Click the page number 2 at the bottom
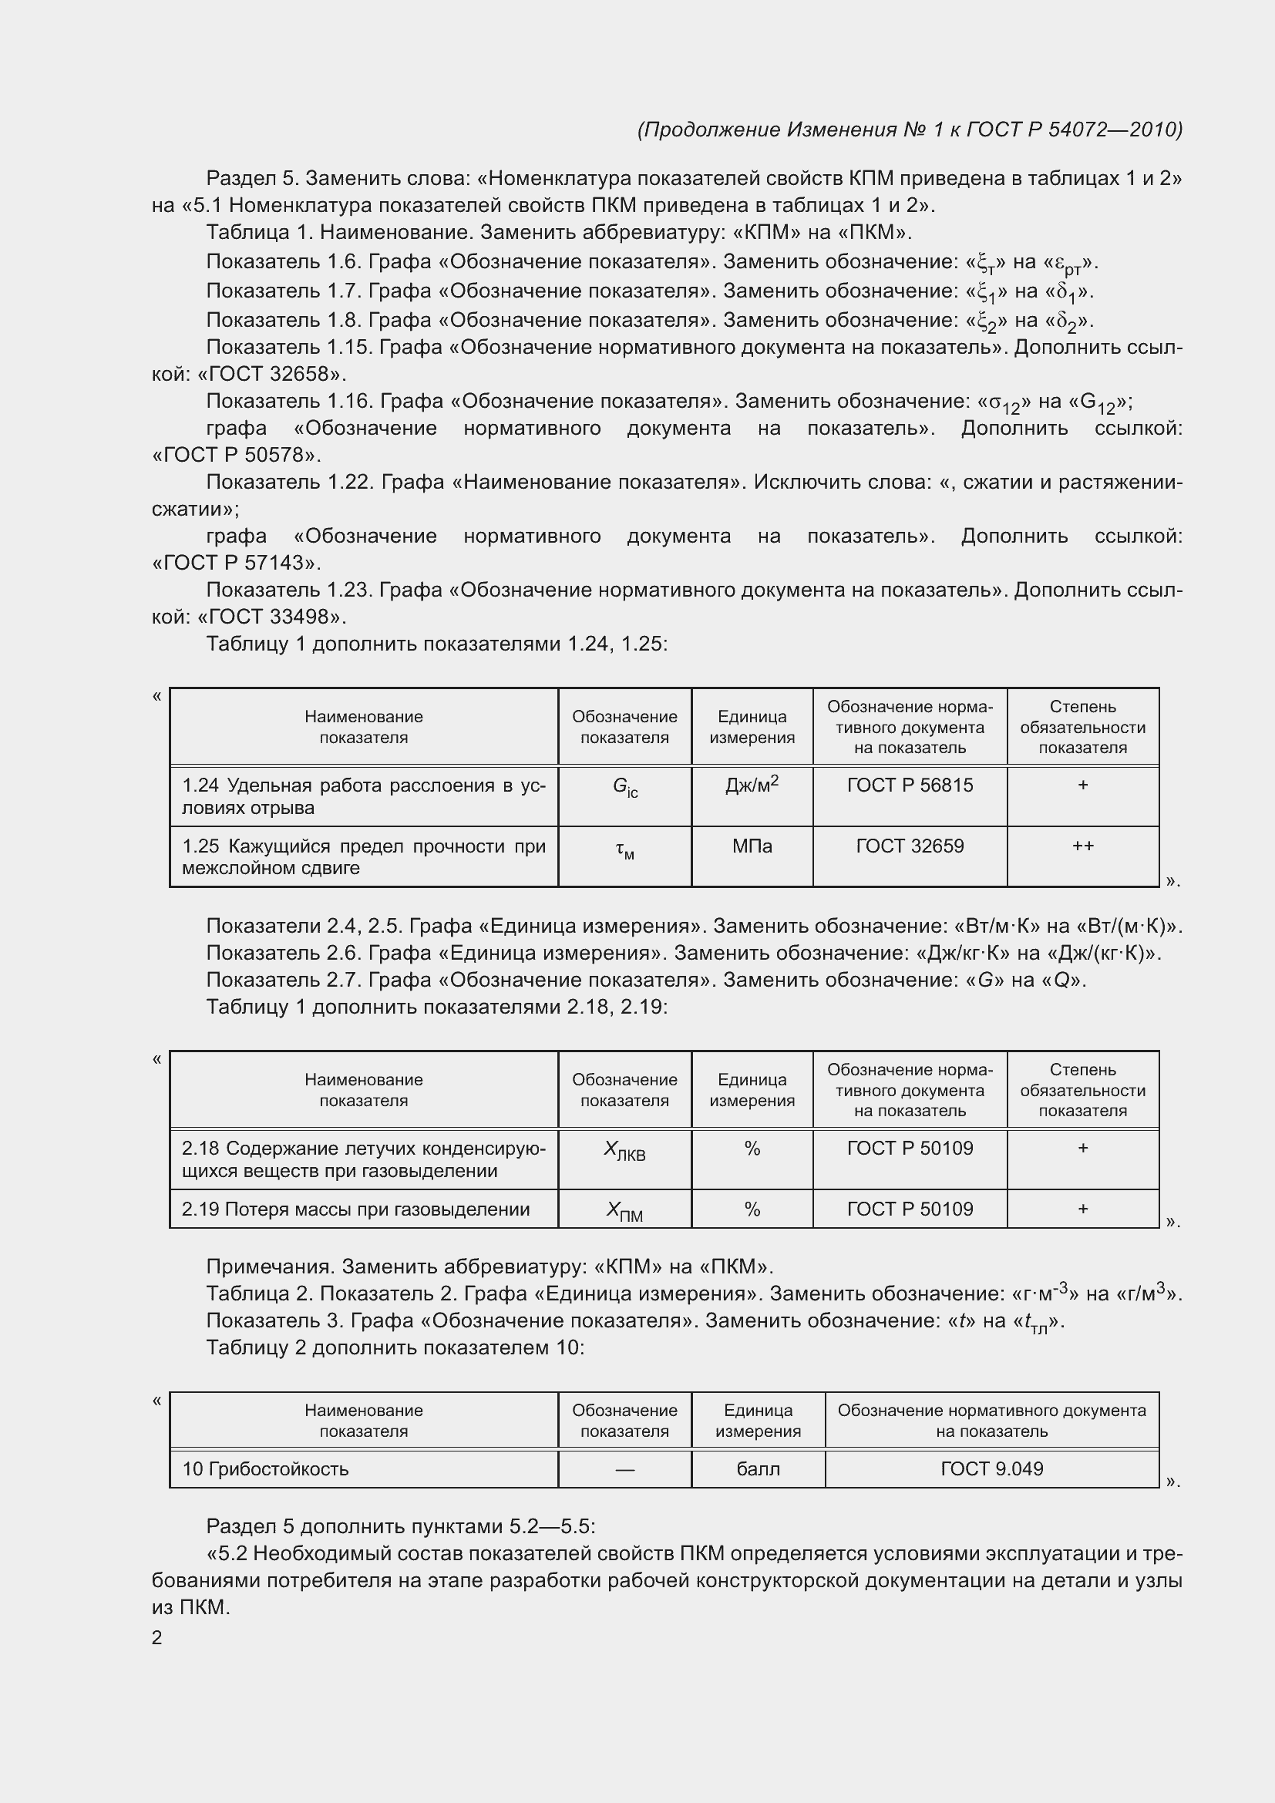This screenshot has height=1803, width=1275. tap(157, 1637)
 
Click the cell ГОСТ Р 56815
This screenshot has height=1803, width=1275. tap(909, 785)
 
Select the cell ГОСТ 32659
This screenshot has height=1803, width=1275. tap(909, 846)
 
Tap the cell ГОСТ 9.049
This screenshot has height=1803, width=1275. tap(991, 1468)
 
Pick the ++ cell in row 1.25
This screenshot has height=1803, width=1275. tap(1082, 846)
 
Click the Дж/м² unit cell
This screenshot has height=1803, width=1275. tap(752, 785)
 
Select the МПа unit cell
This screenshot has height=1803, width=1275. tap(752, 846)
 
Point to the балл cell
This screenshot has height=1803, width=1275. tap(758, 1468)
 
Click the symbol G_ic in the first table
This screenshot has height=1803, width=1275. tap(625, 787)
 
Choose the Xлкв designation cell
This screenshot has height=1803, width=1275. tap(625, 1151)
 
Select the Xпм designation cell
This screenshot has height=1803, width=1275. tap(625, 1212)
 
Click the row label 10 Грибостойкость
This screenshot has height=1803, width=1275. tap(265, 1468)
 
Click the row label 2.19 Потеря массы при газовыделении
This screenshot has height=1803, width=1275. tap(355, 1209)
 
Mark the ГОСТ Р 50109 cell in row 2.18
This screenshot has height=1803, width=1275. tap(909, 1148)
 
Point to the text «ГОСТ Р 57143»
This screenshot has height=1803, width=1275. tap(237, 562)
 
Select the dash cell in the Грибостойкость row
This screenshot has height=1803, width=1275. tap(625, 1469)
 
